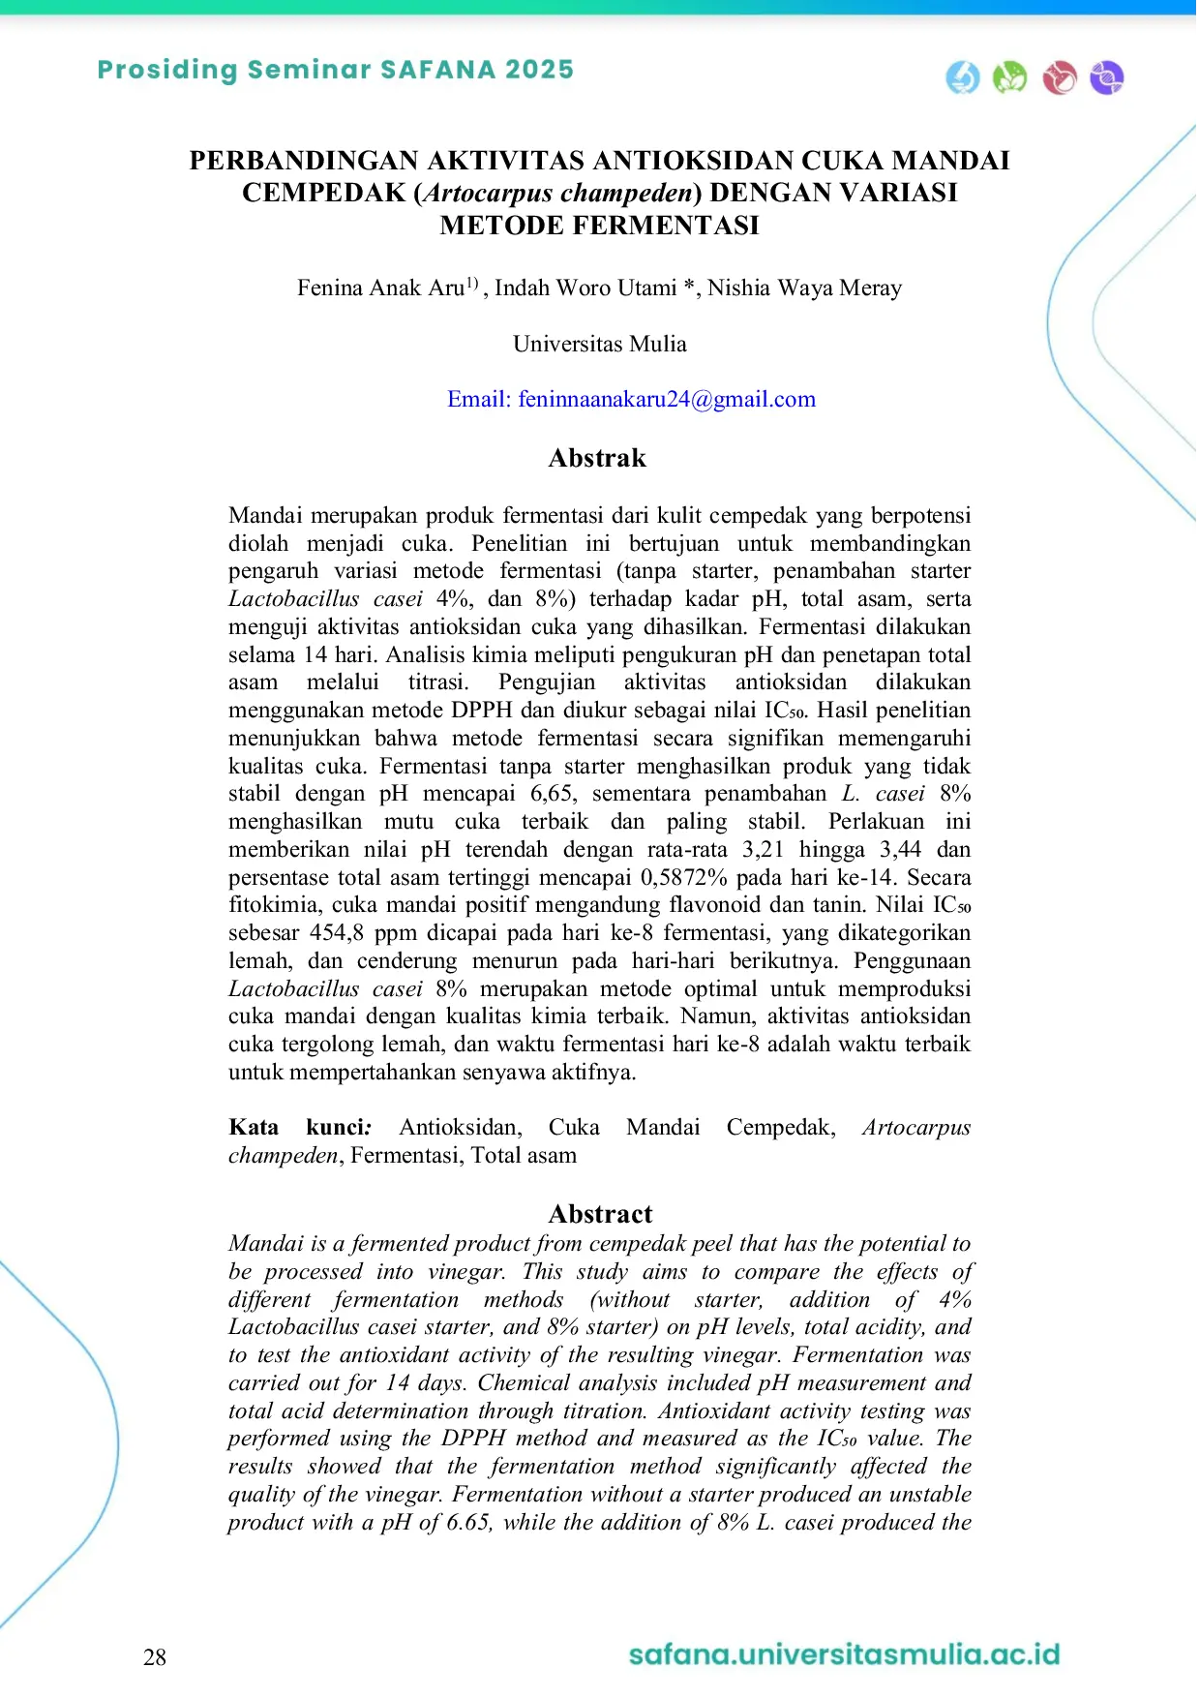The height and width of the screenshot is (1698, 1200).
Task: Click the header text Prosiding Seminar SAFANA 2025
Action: point(335,70)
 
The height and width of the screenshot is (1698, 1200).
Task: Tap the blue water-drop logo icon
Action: point(962,77)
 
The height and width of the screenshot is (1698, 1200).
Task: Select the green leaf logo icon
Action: point(1009,77)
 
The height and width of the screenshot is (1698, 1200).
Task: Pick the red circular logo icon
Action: point(1060,77)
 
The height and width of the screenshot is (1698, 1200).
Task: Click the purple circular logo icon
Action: point(1106,77)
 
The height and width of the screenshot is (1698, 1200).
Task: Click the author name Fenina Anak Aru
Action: point(380,288)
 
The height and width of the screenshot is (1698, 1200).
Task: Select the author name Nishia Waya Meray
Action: point(804,288)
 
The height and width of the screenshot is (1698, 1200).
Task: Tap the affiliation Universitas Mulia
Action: point(599,344)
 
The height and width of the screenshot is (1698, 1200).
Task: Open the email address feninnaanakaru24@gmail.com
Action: point(667,399)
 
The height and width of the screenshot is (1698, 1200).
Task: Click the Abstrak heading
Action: point(597,458)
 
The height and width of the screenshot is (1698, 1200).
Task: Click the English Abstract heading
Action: point(600,1214)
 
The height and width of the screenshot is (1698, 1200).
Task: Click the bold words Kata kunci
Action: point(300,1127)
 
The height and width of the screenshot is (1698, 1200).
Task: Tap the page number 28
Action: point(155,1657)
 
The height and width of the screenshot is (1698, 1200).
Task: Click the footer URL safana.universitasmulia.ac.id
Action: point(844,1653)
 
